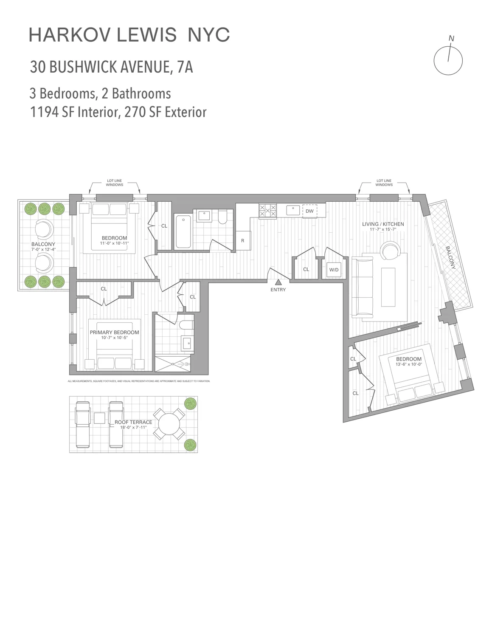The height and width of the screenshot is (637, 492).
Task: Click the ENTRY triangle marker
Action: pos(278,282)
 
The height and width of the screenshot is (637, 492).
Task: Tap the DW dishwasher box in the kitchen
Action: pos(309,211)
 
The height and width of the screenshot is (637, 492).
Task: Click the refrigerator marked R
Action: pos(242,241)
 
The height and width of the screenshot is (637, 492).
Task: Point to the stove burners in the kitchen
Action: pos(267,211)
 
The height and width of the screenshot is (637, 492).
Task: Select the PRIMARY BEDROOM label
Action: pos(114,332)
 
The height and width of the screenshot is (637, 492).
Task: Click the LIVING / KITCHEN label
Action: pos(382,224)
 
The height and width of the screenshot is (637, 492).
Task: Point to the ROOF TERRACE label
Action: pos(133,422)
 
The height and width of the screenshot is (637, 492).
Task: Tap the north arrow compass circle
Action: pos(448,59)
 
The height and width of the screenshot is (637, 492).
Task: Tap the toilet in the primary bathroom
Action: pos(186,325)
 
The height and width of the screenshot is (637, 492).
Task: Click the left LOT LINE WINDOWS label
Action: pos(115,183)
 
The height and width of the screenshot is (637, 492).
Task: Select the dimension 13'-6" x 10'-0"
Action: pos(408,364)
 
